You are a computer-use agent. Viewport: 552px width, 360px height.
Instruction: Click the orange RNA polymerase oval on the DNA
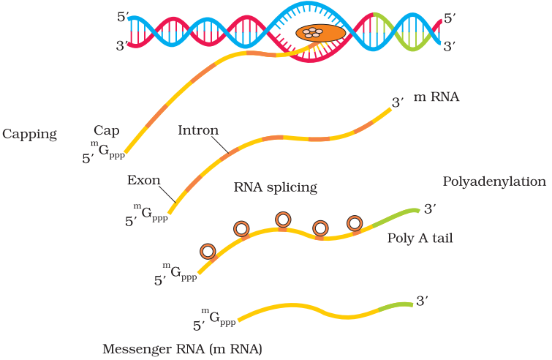click(x=320, y=33)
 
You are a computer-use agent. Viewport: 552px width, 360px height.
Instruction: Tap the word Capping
click(x=29, y=134)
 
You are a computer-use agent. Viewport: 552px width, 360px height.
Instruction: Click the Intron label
click(x=198, y=130)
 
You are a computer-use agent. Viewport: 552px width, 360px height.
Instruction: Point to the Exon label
click(x=143, y=180)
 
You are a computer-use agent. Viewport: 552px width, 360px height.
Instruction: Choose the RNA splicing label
click(x=276, y=187)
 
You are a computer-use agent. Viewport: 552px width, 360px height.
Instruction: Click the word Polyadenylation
click(x=494, y=181)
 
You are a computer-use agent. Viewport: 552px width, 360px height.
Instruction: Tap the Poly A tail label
click(x=420, y=238)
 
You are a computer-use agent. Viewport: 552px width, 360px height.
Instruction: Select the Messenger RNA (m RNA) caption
click(x=182, y=348)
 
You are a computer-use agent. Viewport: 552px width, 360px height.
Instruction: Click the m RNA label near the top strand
click(x=436, y=97)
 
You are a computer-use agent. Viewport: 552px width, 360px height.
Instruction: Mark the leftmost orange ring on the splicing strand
click(x=208, y=252)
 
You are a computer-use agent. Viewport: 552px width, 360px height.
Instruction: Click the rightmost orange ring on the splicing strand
click(x=355, y=223)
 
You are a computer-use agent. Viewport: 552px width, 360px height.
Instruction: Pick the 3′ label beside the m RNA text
click(x=398, y=102)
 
